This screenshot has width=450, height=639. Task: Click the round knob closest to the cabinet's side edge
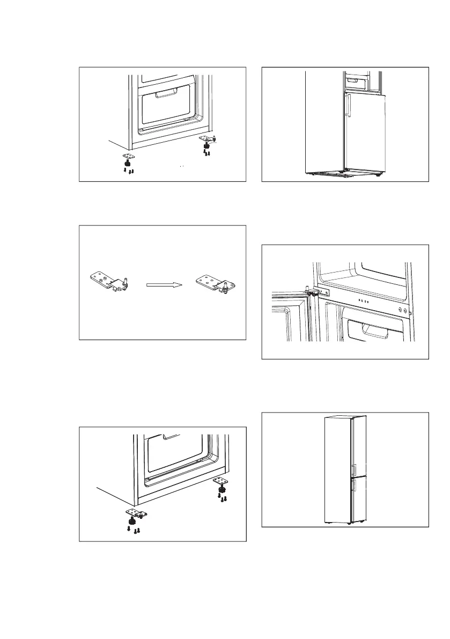[x=405, y=310]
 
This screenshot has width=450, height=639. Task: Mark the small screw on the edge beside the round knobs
[x=411, y=313]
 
